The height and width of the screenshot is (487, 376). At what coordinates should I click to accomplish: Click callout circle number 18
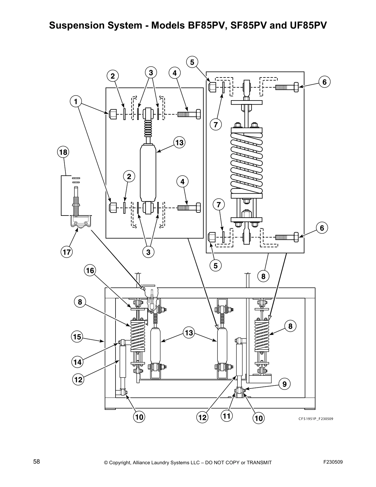[x=63, y=152]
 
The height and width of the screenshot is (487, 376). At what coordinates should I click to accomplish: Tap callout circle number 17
[x=67, y=252]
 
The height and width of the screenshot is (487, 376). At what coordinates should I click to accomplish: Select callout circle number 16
[x=90, y=270]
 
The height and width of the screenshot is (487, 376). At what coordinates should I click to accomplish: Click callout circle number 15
[x=77, y=337]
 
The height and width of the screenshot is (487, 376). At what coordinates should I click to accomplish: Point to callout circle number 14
[x=77, y=362]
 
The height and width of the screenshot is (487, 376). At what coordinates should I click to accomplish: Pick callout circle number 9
[x=284, y=384]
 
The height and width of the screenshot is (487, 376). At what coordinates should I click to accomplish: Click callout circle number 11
[x=226, y=416]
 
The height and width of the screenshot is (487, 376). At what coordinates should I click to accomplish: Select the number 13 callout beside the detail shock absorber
[x=179, y=143]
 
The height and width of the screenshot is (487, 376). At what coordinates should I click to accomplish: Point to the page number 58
[x=37, y=461]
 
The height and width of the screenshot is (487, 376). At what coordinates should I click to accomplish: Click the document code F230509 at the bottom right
[x=333, y=462]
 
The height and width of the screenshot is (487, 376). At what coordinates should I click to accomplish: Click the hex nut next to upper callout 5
[x=212, y=87]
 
